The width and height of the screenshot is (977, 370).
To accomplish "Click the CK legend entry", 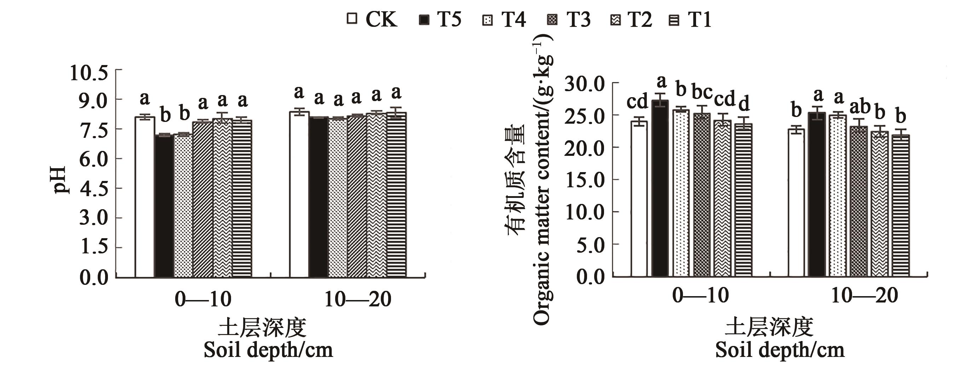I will pyautogui.click(x=372, y=19).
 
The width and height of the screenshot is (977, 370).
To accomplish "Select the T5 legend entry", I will pyautogui.click(x=440, y=19).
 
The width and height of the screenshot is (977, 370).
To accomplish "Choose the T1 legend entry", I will pyautogui.click(x=690, y=19).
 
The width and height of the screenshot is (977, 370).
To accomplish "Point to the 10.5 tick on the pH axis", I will pyautogui.click(x=89, y=73).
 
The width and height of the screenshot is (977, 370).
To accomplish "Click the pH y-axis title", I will pyautogui.click(x=59, y=180).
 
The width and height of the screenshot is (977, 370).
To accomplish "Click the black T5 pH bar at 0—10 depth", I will pyautogui.click(x=165, y=206).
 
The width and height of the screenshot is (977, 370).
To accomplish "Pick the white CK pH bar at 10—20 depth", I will pyautogui.click(x=299, y=195).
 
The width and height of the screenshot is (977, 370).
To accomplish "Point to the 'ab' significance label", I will pyautogui.click(x=860, y=107).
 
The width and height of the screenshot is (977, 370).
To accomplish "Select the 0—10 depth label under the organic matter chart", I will pyautogui.click(x=700, y=295).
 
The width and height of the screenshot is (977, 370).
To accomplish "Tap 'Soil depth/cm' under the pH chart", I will pyautogui.click(x=268, y=350).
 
